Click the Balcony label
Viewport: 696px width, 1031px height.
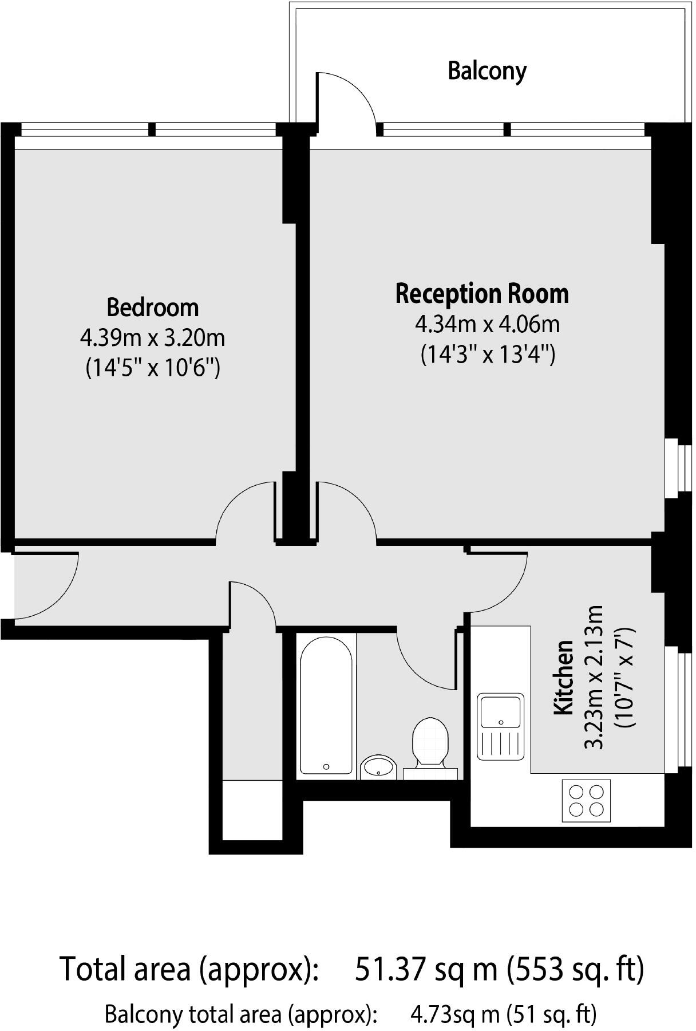click(x=487, y=71)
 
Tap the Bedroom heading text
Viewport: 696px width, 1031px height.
click(x=152, y=308)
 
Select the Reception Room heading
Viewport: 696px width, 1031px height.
click(x=482, y=294)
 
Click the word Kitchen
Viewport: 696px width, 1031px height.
click(x=564, y=677)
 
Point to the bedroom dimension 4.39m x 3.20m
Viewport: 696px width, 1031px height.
click(x=152, y=337)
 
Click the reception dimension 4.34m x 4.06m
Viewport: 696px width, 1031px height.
click(x=487, y=324)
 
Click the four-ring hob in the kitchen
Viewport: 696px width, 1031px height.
click(x=586, y=801)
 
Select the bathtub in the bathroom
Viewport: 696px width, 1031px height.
click(x=326, y=706)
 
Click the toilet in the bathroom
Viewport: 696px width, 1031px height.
click(x=430, y=742)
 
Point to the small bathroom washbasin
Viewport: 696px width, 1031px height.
click(x=378, y=766)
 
